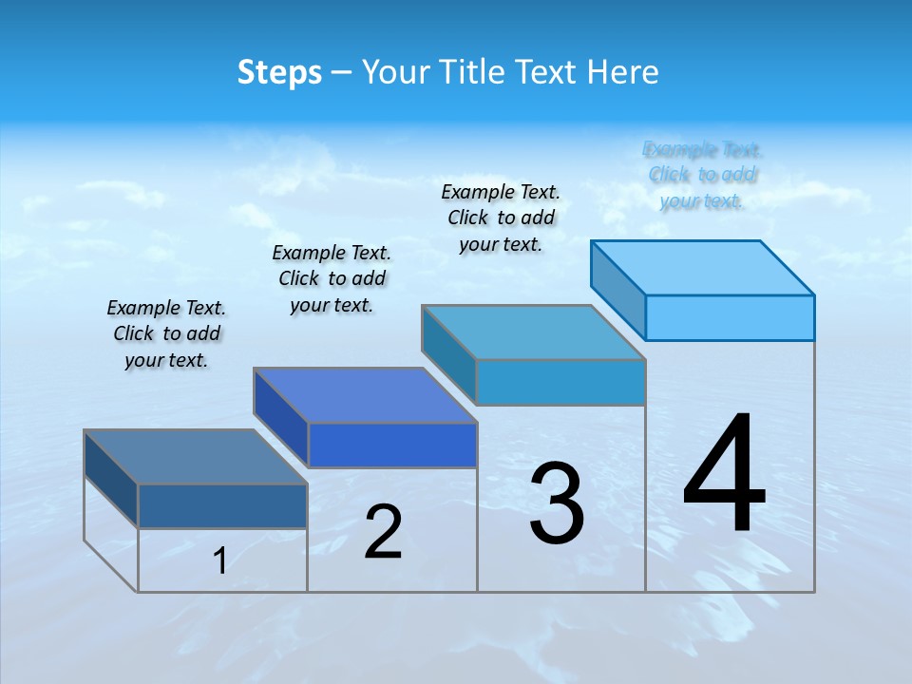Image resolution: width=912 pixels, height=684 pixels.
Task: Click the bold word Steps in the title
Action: click(x=279, y=72)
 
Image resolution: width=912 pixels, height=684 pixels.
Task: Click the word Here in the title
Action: click(x=623, y=72)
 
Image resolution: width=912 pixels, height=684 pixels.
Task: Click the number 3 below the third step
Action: click(x=557, y=503)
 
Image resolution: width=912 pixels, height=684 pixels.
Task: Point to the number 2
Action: click(x=383, y=532)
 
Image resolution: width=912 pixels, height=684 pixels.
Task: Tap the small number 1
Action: click(x=219, y=560)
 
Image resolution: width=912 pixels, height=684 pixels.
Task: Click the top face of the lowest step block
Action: click(x=196, y=457)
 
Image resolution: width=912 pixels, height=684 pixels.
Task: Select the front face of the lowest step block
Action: click(x=222, y=505)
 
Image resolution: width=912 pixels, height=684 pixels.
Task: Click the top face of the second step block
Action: click(x=365, y=395)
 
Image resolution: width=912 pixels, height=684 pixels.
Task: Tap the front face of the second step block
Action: click(x=392, y=445)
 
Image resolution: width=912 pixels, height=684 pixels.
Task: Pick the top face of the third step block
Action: click(x=534, y=332)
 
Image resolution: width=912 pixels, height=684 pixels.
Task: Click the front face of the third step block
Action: click(x=560, y=382)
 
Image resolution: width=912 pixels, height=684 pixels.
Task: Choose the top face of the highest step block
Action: click(x=703, y=268)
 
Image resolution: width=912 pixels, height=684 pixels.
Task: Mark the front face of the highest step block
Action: click(x=730, y=317)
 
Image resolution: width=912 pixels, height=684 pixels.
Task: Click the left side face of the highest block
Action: click(x=618, y=291)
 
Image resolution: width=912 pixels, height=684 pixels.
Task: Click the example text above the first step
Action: click(x=166, y=334)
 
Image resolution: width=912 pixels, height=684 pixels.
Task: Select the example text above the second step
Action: click(x=332, y=278)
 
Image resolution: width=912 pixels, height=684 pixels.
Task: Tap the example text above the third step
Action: click(x=501, y=218)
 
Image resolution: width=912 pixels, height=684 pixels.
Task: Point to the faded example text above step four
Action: click(x=702, y=175)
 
